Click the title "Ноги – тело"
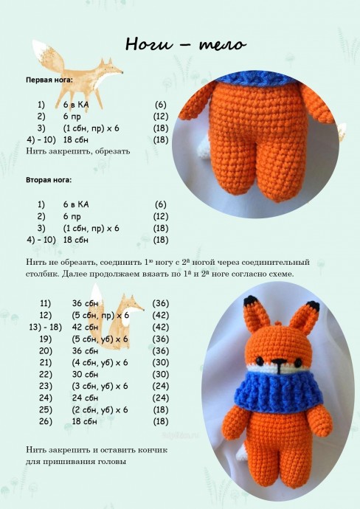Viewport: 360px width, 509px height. (x=186, y=44)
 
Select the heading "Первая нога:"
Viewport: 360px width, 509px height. (x=49, y=80)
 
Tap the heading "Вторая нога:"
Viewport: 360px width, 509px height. (x=49, y=180)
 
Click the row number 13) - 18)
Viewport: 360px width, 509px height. (x=46, y=327)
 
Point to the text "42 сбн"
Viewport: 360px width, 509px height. (x=85, y=327)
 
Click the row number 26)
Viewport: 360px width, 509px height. (x=46, y=421)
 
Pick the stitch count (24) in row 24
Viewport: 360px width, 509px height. (x=161, y=398)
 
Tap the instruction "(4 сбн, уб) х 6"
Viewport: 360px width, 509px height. (x=100, y=362)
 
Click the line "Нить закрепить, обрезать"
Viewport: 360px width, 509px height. (x=78, y=151)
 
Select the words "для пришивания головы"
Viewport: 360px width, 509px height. (x=76, y=462)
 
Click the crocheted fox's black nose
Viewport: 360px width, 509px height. (x=278, y=361)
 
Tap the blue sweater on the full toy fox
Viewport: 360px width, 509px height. (x=278, y=391)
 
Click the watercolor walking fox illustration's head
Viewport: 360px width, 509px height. (x=110, y=68)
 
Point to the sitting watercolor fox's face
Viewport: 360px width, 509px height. (x=133, y=305)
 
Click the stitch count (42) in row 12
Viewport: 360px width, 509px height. (x=161, y=315)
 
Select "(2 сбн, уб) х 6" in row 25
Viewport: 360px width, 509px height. (x=100, y=409)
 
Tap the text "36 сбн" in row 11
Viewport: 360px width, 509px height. (x=85, y=303)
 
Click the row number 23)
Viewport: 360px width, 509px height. (x=46, y=386)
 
